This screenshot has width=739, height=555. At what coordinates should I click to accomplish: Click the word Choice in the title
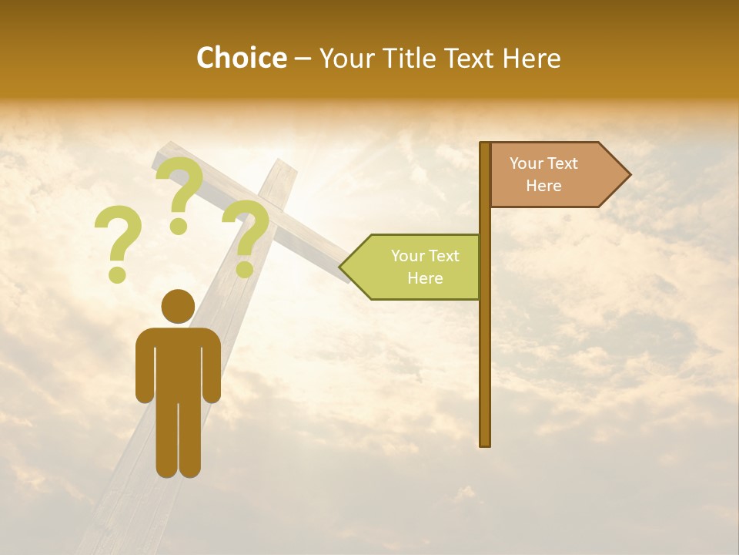coord(241,58)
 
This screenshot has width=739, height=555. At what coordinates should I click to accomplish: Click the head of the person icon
coord(178,306)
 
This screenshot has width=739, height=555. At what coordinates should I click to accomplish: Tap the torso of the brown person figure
coord(178,362)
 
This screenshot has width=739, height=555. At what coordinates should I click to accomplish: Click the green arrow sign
coord(416,267)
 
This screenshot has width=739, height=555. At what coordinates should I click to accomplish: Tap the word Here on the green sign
coord(425,278)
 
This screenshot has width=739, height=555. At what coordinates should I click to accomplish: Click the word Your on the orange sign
coord(527,163)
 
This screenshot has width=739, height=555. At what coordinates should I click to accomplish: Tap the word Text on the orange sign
coord(562,163)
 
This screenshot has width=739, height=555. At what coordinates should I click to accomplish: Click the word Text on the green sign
coord(443,256)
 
